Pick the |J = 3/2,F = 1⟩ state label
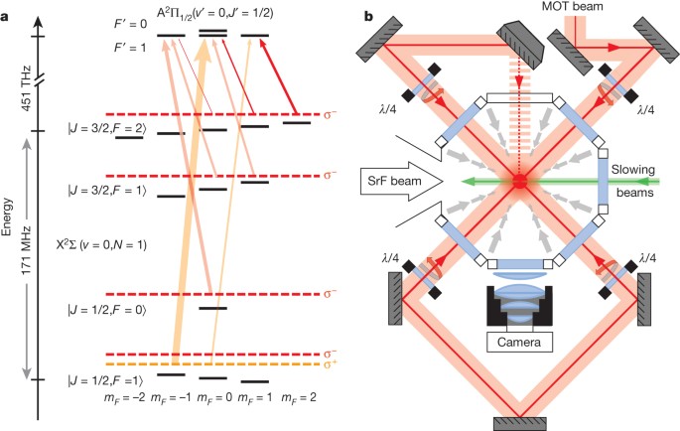point(75,189)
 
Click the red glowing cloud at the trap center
point(519,184)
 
